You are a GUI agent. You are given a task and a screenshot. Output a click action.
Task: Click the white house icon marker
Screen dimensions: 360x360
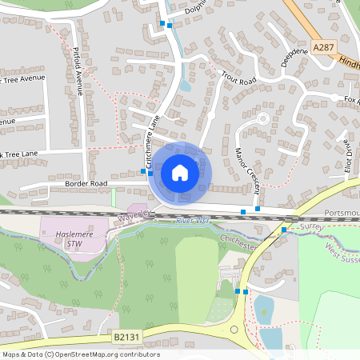click(179, 173)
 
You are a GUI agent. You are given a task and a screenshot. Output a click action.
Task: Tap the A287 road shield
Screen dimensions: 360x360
click(323, 48)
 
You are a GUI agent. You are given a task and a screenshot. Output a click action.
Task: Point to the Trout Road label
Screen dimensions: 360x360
click(238, 80)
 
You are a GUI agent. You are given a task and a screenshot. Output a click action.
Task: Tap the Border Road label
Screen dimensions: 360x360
click(87, 183)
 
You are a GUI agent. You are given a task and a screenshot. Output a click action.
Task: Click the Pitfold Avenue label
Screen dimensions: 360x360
click(78, 67)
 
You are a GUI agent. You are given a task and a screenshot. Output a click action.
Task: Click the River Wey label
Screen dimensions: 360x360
click(191, 220)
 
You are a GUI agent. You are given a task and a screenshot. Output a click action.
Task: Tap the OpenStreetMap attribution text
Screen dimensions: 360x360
click(81, 354)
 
